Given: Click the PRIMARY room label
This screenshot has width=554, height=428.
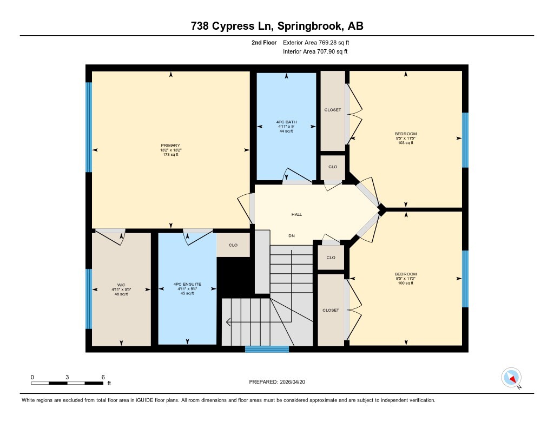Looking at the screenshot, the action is point(170,145).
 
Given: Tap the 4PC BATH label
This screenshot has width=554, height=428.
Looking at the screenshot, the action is point(287,122).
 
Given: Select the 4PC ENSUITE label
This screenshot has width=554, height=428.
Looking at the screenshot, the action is point(187,284).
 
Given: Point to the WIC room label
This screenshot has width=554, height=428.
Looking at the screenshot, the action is point(121,285).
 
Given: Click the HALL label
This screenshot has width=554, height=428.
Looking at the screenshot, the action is point(297,214).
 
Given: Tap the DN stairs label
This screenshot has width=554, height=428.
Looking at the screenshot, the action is point(292,236).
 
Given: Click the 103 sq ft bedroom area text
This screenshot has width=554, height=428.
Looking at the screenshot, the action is point(406,143).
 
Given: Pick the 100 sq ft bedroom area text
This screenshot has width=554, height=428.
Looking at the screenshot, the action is point(406,283).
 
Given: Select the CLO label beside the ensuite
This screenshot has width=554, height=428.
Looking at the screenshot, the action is point(233,245).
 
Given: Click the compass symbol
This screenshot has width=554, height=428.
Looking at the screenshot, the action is point(511,378).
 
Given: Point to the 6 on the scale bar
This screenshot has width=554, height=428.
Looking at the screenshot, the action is point(103,377).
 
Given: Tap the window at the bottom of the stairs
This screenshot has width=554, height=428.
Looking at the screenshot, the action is point(267,349).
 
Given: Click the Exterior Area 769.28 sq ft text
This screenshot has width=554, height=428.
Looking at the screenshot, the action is point(316,42).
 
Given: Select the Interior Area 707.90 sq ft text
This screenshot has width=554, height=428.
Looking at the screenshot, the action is point(315,51).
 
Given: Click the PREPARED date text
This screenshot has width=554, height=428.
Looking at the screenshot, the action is point(277,381).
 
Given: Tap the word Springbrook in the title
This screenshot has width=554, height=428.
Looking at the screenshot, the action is point(310,26).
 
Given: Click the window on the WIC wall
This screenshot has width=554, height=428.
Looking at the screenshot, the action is point(89,299).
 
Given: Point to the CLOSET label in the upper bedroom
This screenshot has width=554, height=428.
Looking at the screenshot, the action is point(333,110).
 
